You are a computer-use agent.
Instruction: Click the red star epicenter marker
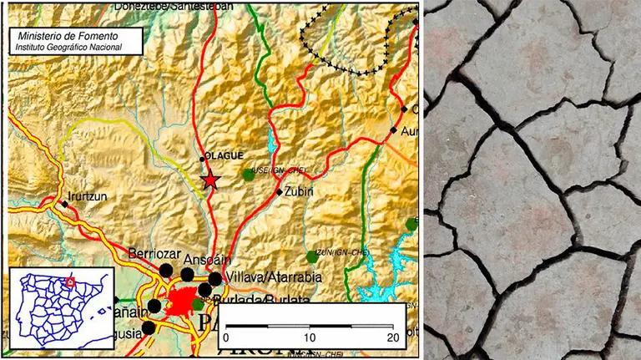(x=210, y=180)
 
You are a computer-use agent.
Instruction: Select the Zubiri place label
(x=299, y=191)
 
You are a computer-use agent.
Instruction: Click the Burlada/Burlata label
(x=261, y=300)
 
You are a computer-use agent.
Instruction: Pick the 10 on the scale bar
(x=310, y=337)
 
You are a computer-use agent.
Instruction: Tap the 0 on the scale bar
(x=229, y=337)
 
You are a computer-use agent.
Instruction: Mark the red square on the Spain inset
(x=71, y=281)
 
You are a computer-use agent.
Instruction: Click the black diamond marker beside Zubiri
(x=279, y=191)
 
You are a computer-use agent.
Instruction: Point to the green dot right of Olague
(x=248, y=174)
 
